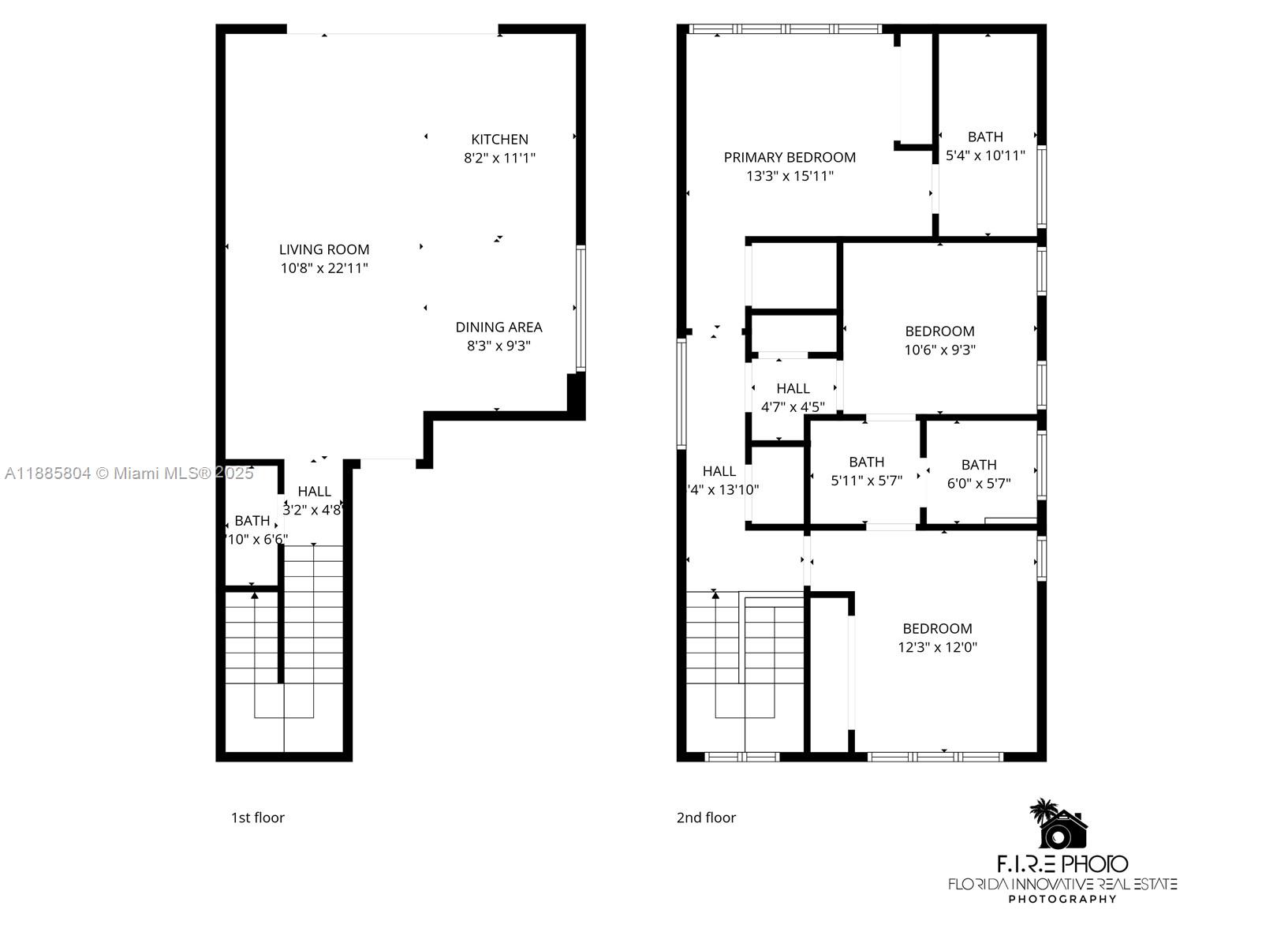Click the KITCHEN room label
coord(499,139)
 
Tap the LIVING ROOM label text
coord(324,249)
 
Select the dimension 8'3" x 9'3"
coord(498,346)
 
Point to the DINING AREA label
coord(498,327)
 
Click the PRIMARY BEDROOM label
coord(790,157)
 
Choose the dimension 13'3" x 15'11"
coord(790,176)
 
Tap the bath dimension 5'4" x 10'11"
coord(985,155)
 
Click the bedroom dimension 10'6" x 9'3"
coord(939,350)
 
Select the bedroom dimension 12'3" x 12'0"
coord(937,647)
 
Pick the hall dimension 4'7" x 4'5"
coord(793,407)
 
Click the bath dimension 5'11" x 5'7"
coord(866,481)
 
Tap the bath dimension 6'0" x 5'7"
coord(978,483)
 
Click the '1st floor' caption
coord(257,818)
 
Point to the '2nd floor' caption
coord(706,818)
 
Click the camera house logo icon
coord(1061,825)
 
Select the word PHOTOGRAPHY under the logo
coord(1062,899)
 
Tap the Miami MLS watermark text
coord(129,473)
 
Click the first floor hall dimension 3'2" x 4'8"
coord(312,510)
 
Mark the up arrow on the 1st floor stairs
coord(254,596)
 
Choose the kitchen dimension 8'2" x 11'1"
coord(499,158)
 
